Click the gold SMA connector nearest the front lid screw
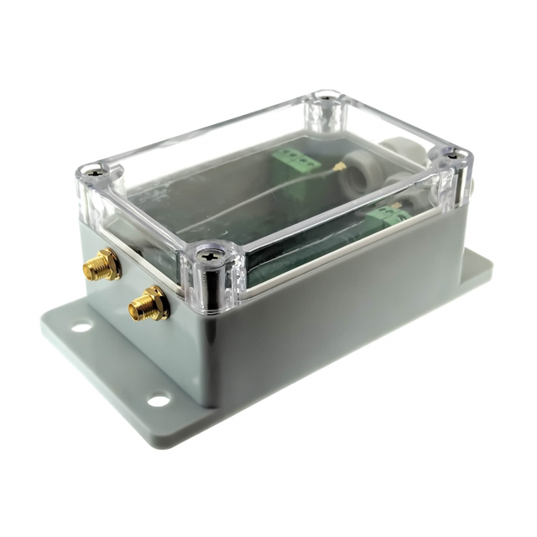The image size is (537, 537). pos(149,304)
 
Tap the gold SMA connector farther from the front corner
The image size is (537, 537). pos(100,266)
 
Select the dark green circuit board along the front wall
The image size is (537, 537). pos(310,252)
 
